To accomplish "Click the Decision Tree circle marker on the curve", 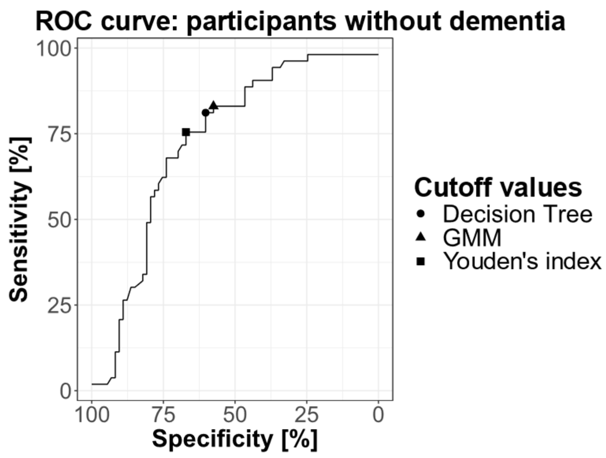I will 205,113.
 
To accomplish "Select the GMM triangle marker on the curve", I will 214,105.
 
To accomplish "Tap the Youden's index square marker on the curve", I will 186,132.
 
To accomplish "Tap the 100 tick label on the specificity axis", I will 92,415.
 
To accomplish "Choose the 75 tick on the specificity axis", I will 163,415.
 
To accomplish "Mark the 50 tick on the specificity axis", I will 235,415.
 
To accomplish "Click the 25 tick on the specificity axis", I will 307,415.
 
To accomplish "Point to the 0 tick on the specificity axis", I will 378,415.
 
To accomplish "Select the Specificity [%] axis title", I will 235,439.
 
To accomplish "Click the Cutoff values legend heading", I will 498,187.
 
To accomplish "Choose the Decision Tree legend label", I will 517,214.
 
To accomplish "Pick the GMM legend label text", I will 472,238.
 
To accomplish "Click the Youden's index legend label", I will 522,261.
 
